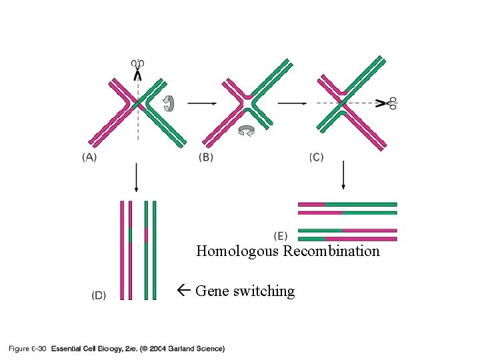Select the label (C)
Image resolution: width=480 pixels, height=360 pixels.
click(317, 157)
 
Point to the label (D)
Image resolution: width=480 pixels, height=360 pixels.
click(98, 295)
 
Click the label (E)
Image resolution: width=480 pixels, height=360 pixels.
click(281, 235)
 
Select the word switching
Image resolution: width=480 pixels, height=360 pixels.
click(264, 291)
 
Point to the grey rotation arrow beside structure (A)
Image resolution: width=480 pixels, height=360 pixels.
click(170, 103)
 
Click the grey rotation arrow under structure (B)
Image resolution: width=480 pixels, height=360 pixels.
click(246, 131)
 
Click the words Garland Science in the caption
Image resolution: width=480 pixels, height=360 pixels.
click(199, 348)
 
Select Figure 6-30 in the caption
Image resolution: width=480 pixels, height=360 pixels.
click(27, 348)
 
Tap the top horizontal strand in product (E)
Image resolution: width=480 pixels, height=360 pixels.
click(347, 204)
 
